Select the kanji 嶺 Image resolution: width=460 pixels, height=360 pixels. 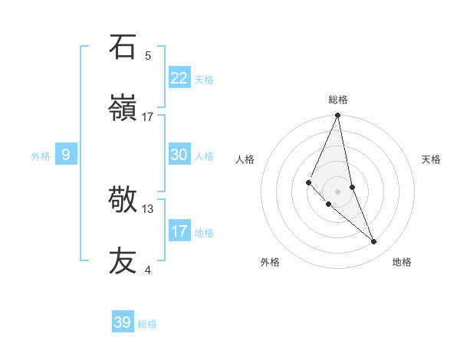[123, 107]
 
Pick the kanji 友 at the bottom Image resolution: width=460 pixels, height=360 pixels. [123, 260]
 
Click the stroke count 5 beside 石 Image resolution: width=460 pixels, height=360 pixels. [148, 55]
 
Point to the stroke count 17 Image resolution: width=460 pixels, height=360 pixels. [148, 116]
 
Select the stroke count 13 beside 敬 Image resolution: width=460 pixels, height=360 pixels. [148, 208]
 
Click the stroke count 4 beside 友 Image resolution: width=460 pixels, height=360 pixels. [148, 270]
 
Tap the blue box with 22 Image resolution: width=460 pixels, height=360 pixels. [179, 78]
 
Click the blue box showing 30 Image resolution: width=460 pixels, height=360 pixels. [179, 155]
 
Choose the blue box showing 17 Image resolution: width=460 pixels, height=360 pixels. [179, 231]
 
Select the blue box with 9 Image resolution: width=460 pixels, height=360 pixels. [66, 155]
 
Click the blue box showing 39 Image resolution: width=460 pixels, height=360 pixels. [123, 322]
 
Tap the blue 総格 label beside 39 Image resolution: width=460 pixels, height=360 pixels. [147, 324]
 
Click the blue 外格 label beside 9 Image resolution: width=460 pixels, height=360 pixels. [41, 156]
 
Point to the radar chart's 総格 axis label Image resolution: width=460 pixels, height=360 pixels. [338, 100]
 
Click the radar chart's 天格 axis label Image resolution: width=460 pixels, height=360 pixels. [432, 159]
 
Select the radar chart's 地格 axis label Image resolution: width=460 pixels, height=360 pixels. [402, 262]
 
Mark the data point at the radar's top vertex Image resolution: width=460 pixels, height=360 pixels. [338, 116]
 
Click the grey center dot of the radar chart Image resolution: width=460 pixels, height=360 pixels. [338, 191]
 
